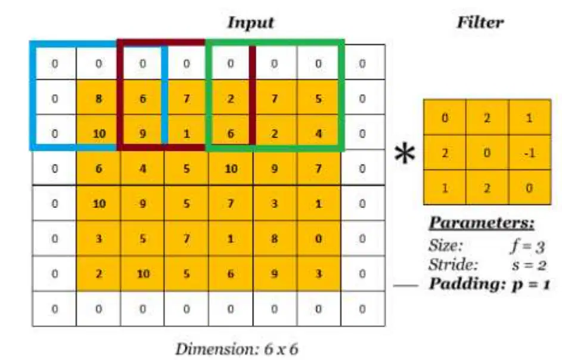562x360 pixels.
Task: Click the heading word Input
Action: (x=250, y=23)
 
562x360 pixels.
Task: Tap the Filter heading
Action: (x=480, y=22)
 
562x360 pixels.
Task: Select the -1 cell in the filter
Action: (x=530, y=153)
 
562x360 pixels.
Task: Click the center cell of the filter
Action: (x=487, y=153)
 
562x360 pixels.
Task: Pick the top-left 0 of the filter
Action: (x=445, y=117)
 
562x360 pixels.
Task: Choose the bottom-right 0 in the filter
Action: (x=530, y=188)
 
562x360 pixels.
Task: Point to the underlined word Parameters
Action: (x=482, y=223)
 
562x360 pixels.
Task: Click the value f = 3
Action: (x=528, y=246)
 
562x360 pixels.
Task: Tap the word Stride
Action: (x=454, y=265)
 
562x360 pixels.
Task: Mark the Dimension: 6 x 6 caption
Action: (x=237, y=349)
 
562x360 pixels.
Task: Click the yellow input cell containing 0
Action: (x=318, y=238)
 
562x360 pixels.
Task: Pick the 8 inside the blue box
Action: (x=98, y=98)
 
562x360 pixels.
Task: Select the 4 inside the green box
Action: (x=318, y=134)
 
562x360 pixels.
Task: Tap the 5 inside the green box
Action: (x=318, y=98)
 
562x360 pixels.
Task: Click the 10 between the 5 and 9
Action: (x=231, y=169)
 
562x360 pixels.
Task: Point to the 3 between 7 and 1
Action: (x=274, y=204)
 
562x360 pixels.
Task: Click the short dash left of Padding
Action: (x=406, y=285)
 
